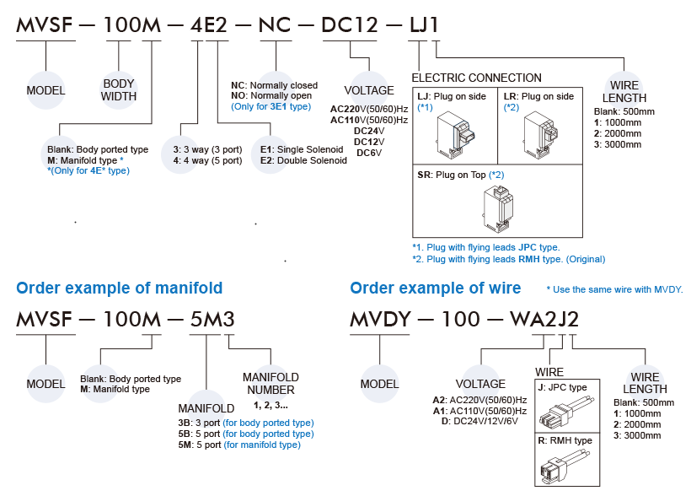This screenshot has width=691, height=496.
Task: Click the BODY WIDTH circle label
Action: pyautogui.click(x=119, y=90)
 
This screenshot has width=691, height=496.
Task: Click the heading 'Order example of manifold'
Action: pyautogui.click(x=120, y=288)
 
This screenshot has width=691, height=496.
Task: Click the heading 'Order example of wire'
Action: pyautogui.click(x=435, y=288)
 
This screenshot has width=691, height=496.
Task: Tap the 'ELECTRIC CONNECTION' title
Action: pyautogui.click(x=476, y=78)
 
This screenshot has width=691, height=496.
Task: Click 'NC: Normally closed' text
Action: pyautogui.click(x=274, y=86)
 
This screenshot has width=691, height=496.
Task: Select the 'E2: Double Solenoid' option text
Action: pyautogui.click(x=303, y=160)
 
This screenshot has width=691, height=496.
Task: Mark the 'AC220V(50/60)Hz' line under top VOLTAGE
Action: pyautogui.click(x=368, y=109)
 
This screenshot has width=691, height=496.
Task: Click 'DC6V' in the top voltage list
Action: pyautogui.click(x=370, y=153)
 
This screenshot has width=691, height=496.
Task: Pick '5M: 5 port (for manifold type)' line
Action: pyautogui.click(x=240, y=445)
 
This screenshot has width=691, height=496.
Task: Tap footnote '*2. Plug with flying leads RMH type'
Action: pyautogui.click(x=507, y=259)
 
